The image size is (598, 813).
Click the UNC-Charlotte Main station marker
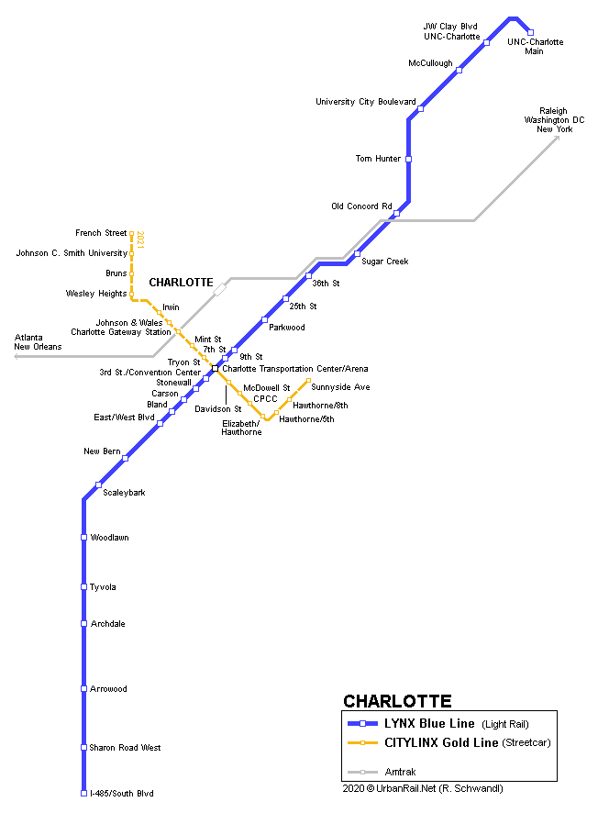tap(530, 33)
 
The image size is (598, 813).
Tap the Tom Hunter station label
tap(378, 159)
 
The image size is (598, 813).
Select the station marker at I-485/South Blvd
tap(84, 793)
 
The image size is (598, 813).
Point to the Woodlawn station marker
tap(84, 537)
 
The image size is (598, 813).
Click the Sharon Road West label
tap(125, 747)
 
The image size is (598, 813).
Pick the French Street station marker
tap(132, 233)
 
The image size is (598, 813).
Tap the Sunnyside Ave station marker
tap(308, 381)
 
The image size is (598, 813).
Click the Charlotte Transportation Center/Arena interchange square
tap(215, 369)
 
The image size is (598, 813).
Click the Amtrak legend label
tap(400, 772)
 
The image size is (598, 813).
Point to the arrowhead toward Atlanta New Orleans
tap(17, 357)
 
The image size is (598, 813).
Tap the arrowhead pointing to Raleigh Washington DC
tap(557, 139)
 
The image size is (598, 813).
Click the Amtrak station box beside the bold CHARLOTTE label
tap(220, 289)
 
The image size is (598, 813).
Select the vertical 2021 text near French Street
tap(140, 239)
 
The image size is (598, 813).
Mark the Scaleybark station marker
tap(98, 484)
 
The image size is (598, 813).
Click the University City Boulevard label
tap(366, 102)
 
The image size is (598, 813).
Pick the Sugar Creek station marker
tap(357, 253)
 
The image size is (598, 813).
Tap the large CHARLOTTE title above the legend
tap(397, 701)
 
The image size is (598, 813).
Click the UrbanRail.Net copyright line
tap(423, 788)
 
